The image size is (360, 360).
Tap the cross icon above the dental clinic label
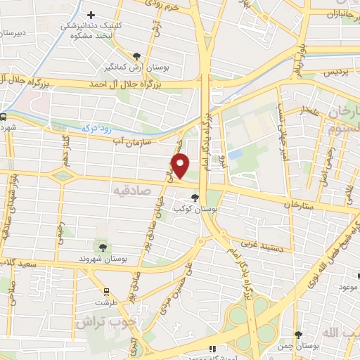pos(90,15)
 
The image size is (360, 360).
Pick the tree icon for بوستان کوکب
pos(194,198)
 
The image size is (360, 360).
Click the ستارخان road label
pos(297,205)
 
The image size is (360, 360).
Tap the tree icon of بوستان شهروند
pos(103,247)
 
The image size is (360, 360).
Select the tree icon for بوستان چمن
pos(298,335)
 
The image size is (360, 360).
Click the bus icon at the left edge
pos(4,117)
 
